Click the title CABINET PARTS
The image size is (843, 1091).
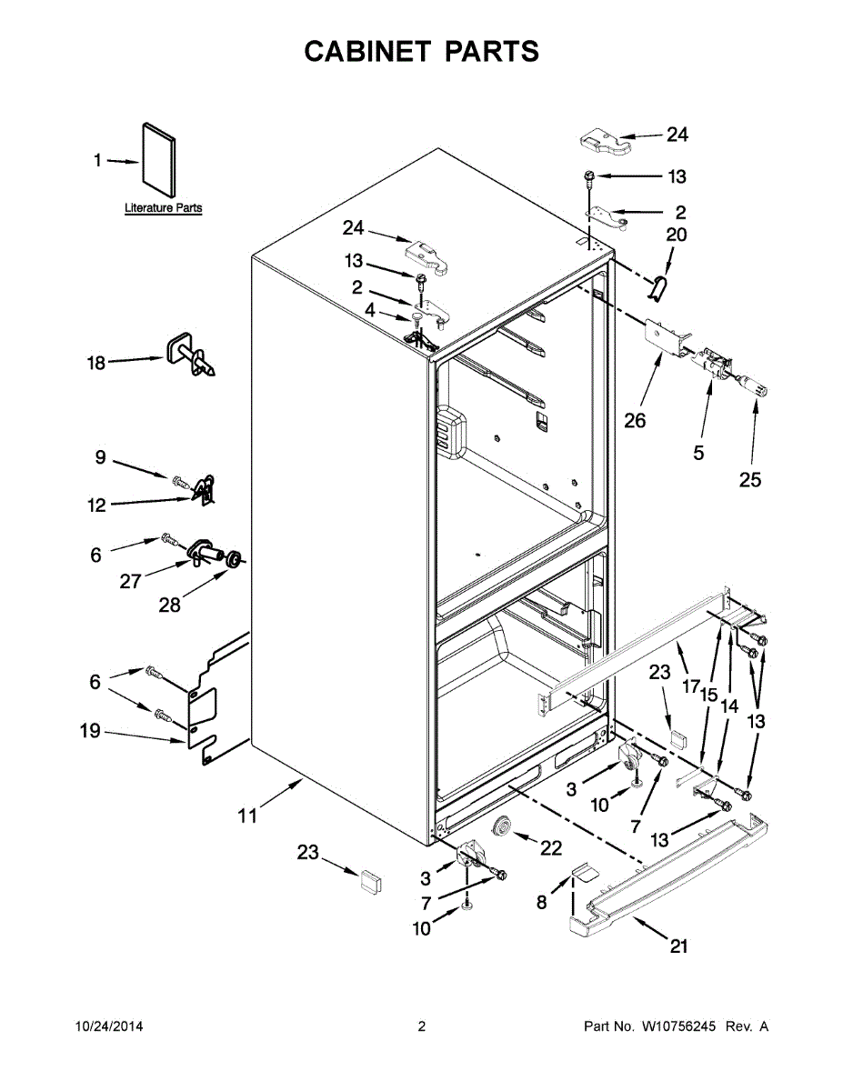[421, 52]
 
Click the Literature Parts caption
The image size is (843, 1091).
[164, 208]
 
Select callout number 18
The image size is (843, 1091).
[95, 364]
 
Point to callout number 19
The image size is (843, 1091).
[90, 730]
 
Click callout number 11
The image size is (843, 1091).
[247, 816]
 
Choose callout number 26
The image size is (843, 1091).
[635, 421]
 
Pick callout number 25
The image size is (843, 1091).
[749, 480]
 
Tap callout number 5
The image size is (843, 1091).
[698, 452]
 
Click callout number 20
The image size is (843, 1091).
[677, 235]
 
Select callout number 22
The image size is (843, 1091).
[551, 848]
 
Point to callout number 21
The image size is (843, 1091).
[678, 947]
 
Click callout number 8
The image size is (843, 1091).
[541, 903]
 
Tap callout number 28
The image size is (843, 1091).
[170, 605]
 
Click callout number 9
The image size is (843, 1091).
[101, 458]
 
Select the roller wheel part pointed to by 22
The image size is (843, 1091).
[500, 827]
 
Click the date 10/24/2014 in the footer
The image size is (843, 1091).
[108, 1027]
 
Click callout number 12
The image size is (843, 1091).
[96, 506]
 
